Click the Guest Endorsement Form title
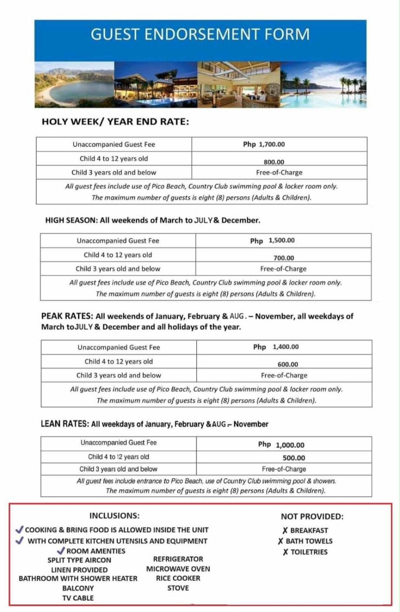coord(200,35)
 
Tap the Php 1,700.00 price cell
coord(264,144)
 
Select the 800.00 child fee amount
coord(274,162)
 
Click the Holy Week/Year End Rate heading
coord(115,122)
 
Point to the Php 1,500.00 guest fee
coord(272,240)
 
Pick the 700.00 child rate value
coord(284,258)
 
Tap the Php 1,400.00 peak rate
coord(276,347)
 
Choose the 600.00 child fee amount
coord(288,365)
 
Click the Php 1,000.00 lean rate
coord(281,445)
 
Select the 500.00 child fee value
coord(294,458)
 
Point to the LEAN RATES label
coord(65,424)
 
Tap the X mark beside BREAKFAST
coord(285,531)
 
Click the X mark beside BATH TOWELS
coord(281,541)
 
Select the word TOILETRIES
coord(309,552)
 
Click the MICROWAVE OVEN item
coord(178,569)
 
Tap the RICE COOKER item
coord(178,578)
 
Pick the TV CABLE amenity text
coord(78,598)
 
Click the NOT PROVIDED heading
coord(312,517)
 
